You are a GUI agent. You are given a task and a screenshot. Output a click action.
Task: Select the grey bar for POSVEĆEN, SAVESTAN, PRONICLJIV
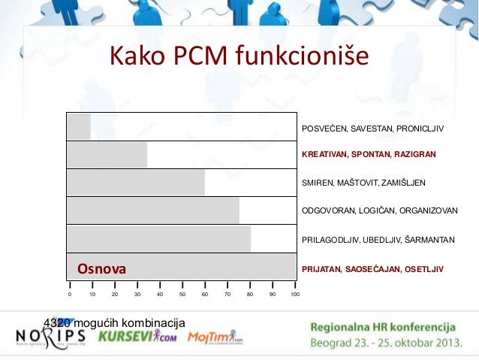(79, 126)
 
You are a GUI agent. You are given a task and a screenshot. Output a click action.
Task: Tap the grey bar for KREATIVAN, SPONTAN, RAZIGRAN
(107, 155)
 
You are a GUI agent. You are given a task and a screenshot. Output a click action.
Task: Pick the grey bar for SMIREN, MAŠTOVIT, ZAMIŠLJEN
(136, 183)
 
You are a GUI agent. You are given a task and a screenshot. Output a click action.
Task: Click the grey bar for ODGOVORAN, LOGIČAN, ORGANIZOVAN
(153, 210)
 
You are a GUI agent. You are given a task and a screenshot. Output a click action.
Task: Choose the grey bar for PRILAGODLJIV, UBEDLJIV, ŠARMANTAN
(158, 239)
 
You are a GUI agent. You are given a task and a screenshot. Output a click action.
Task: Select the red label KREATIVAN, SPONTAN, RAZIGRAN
(368, 154)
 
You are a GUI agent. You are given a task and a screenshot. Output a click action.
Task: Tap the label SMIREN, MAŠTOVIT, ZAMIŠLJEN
(363, 183)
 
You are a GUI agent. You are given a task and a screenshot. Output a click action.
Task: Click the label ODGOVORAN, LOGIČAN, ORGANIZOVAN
(379, 211)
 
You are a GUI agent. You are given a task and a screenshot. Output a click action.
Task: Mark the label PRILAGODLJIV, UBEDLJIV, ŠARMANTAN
(378, 240)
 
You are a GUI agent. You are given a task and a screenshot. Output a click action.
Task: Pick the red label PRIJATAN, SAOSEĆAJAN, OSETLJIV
(372, 268)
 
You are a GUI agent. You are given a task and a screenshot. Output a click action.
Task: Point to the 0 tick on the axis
(70, 295)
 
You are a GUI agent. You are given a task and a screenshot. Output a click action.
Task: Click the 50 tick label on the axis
(182, 295)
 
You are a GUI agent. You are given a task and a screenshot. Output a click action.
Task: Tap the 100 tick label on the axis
(295, 295)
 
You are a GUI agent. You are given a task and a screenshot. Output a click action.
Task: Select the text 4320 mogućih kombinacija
(114, 322)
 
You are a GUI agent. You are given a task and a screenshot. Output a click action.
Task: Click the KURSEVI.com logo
(137, 336)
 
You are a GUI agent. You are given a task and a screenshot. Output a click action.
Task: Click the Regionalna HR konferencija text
(384, 328)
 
